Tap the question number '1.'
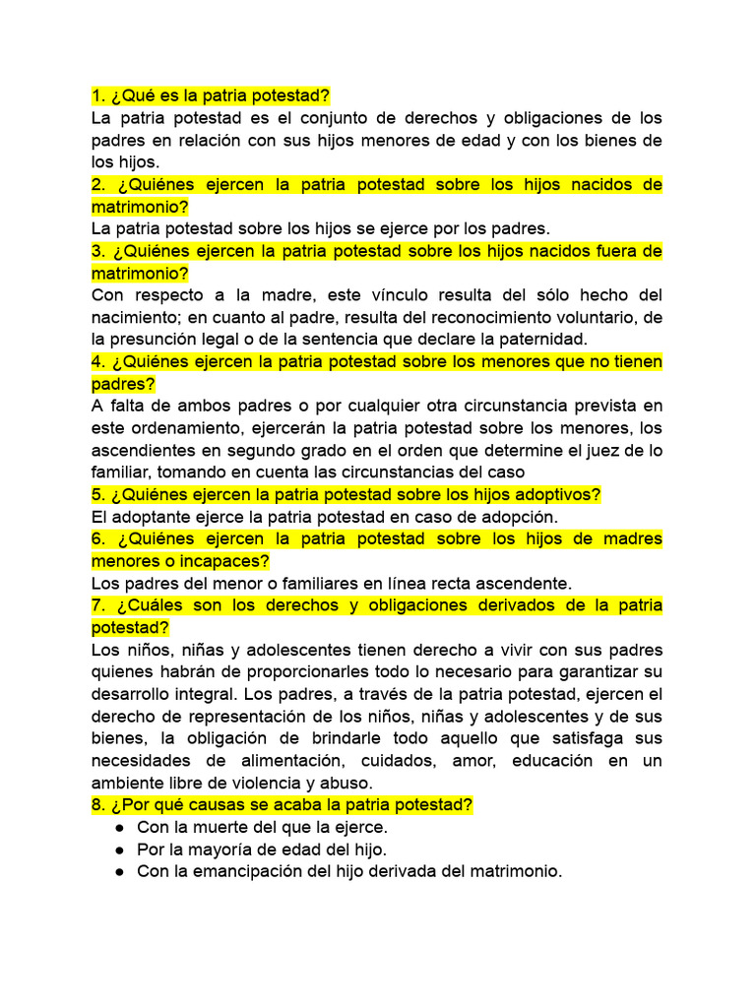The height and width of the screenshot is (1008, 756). [x=98, y=95]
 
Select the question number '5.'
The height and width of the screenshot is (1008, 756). [x=98, y=495]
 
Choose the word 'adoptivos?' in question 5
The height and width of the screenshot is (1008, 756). [x=561, y=495]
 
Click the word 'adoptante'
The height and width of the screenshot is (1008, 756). [x=150, y=517]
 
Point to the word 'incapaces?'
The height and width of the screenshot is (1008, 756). [x=222, y=561]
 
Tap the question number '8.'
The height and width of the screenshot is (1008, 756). [x=98, y=805]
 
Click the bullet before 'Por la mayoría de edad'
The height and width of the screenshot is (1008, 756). [x=118, y=849]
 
